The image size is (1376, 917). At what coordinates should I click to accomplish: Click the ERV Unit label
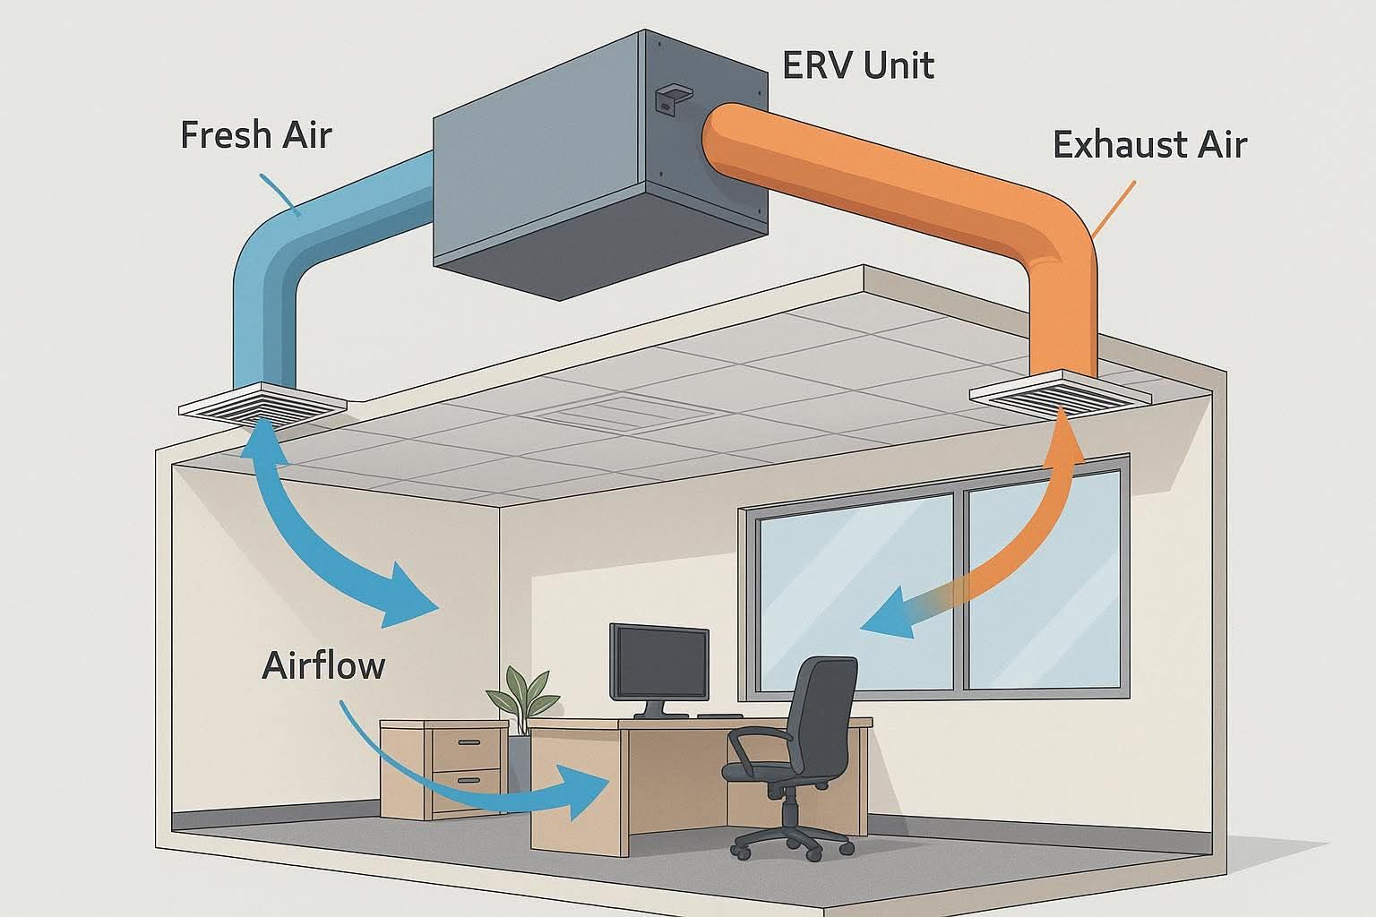pos(857,65)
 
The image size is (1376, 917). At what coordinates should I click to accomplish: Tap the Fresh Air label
pos(255,135)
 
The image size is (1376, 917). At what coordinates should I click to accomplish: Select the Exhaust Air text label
pos(1149,144)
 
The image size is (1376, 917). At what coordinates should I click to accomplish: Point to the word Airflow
pos(323,666)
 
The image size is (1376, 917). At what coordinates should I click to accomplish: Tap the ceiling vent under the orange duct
pos(1058,393)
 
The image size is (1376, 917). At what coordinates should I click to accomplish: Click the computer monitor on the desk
pos(658,663)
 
